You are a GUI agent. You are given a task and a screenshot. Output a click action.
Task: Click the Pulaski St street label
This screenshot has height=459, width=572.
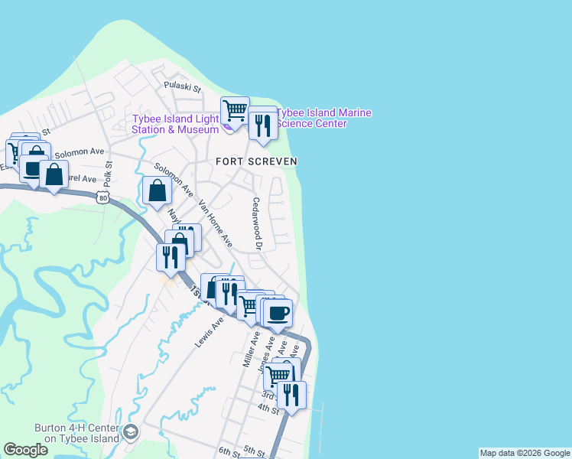(185, 88)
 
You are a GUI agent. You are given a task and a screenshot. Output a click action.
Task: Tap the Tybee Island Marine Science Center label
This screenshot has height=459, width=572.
(324, 118)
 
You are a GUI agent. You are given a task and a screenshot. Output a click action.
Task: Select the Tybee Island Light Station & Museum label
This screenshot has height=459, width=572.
(176, 124)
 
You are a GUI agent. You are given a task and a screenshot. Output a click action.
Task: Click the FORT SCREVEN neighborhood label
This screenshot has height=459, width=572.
(255, 161)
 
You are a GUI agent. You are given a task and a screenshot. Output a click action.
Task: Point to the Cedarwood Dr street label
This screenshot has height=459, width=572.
(257, 224)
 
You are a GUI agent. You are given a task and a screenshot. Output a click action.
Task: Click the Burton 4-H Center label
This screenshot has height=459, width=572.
(77, 433)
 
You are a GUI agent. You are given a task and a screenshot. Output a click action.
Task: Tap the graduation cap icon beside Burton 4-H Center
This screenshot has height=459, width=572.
(131, 433)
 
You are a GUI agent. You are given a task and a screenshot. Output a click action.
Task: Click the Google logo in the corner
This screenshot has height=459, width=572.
(25, 450)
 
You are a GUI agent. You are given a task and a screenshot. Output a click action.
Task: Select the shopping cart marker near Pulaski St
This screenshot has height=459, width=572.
(235, 110)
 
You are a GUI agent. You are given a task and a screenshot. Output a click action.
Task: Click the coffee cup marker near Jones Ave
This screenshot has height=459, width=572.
(278, 311)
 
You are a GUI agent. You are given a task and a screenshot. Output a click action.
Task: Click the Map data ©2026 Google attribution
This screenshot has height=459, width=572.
(525, 453)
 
